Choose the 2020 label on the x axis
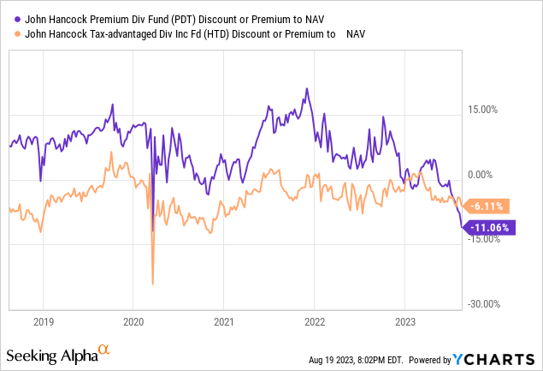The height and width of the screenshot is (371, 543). click(133, 322)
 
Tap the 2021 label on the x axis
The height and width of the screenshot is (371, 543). click(223, 322)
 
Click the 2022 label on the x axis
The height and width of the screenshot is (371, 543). click(314, 322)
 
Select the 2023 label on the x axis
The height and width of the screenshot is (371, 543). click(404, 322)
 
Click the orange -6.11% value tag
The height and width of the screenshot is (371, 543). click(490, 206)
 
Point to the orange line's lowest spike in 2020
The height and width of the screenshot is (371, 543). click(152, 284)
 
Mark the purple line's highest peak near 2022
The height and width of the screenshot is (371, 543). click(306, 88)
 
